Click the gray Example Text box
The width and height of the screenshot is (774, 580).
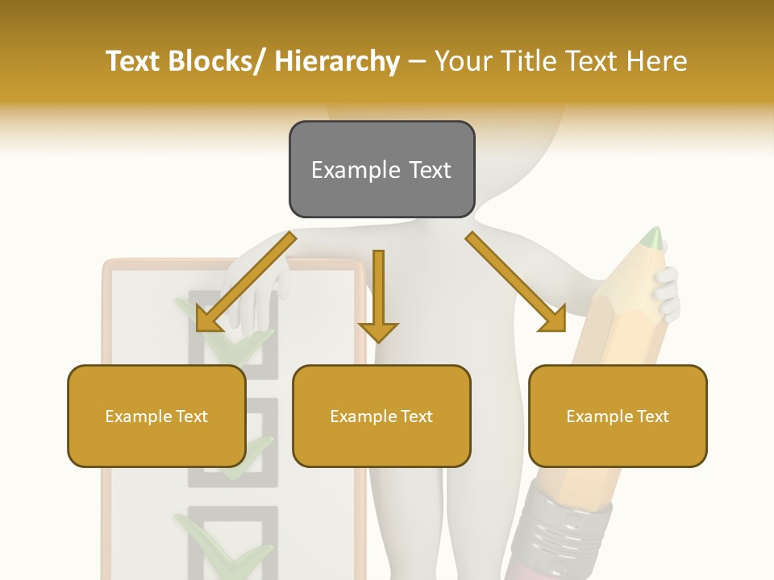pyautogui.click(x=381, y=169)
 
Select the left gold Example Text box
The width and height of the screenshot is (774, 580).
pyautogui.click(x=156, y=416)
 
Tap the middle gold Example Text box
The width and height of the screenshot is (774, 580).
pyautogui.click(x=381, y=416)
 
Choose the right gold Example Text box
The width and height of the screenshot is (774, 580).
pyautogui.click(x=618, y=416)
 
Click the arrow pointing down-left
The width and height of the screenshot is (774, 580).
pyautogui.click(x=242, y=283)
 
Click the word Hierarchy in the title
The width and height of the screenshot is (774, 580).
pyautogui.click(x=337, y=61)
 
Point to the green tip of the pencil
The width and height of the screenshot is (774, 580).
pyautogui.click(x=653, y=238)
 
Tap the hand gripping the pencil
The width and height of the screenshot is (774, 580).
pyautogui.click(x=666, y=294)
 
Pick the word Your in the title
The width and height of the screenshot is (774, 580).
pyautogui.click(x=461, y=61)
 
